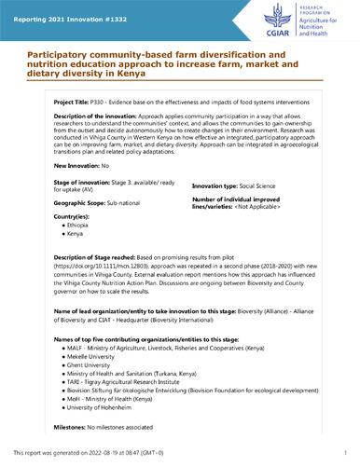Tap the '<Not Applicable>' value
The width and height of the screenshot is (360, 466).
pos(281,208)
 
